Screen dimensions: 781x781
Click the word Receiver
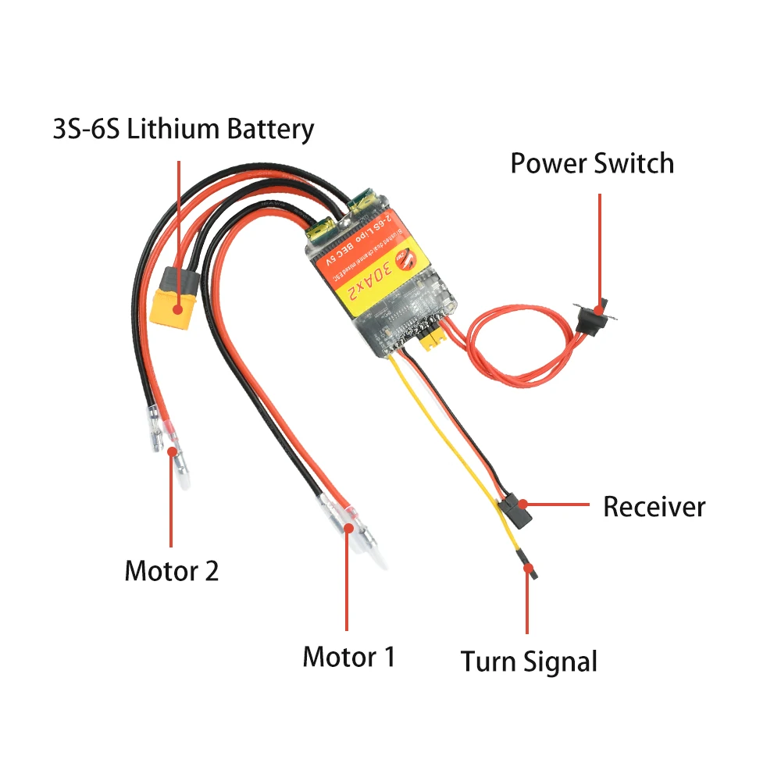coord(654,507)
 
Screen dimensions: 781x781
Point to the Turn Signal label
coord(529,662)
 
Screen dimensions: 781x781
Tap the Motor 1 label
coord(348,657)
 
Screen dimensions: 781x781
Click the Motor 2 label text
coord(171,571)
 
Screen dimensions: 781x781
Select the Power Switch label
coord(591,164)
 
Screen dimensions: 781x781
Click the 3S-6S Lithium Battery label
coord(184,129)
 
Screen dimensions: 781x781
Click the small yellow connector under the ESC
coord(432,341)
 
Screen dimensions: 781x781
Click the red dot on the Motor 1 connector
coord(348,528)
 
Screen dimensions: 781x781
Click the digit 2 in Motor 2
coord(211,571)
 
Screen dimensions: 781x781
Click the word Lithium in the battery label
coord(173,129)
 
